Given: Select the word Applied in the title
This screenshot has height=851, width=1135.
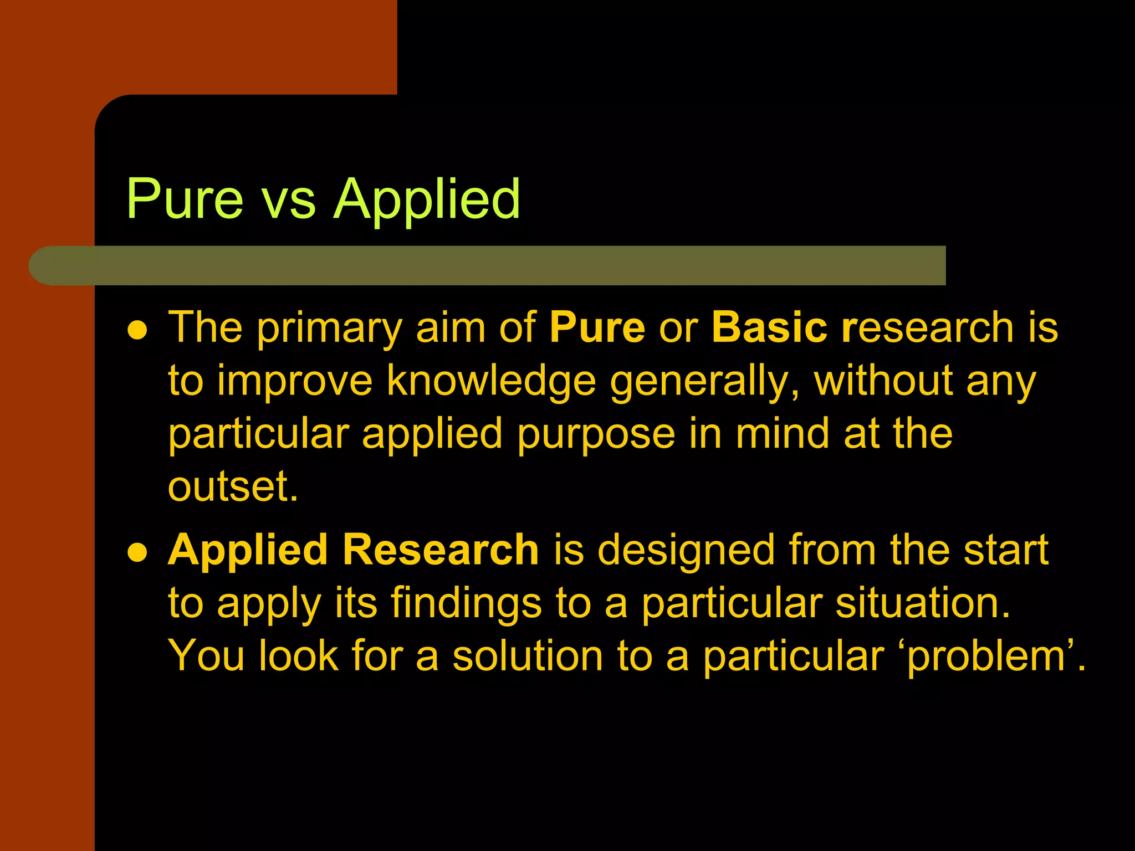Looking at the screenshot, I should (427, 199).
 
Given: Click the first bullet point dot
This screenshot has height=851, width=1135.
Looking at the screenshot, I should (137, 330).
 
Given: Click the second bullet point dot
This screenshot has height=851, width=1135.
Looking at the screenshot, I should (137, 552).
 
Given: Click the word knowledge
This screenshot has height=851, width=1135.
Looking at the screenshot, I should (490, 381).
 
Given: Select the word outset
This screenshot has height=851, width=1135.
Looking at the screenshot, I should (233, 486).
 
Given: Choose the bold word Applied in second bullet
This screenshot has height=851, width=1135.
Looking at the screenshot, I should (248, 551).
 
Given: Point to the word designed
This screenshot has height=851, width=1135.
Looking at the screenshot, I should (686, 551).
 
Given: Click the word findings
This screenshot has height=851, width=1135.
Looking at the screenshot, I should (466, 604).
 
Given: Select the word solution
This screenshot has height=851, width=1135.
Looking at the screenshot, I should (527, 656).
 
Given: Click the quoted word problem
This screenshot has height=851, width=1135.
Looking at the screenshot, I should (987, 657).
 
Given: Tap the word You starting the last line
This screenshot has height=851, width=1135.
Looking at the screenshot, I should (206, 656).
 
